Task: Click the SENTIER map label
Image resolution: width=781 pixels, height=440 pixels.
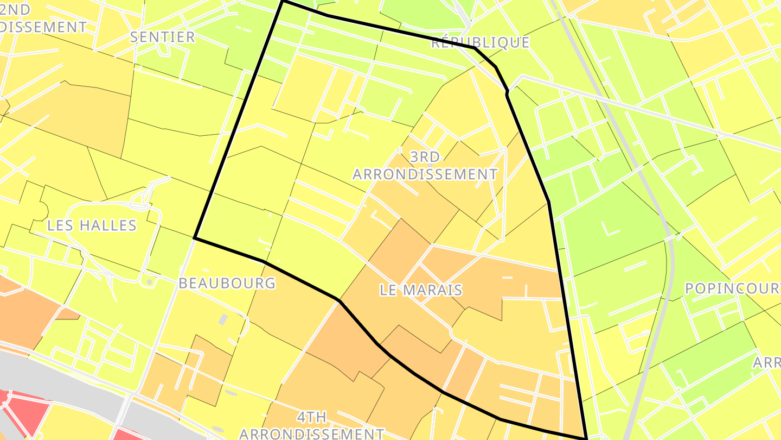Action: [162, 37]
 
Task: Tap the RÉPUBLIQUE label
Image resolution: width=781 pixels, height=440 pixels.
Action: [480, 42]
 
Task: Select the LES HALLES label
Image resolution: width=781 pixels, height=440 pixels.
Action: [92, 225]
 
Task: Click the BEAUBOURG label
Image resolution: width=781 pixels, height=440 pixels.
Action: [227, 283]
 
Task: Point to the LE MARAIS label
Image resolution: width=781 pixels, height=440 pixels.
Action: [421, 290]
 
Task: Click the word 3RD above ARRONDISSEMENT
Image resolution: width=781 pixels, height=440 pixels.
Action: [425, 157]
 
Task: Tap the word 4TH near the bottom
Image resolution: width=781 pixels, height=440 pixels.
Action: [311, 417]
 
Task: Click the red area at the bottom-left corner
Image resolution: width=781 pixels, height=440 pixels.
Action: [22, 413]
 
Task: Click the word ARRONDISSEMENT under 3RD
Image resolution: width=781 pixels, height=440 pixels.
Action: [425, 174]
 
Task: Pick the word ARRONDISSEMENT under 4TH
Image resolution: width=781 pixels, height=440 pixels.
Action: [311, 433]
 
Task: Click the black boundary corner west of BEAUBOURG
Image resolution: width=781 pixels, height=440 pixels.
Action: [195, 238]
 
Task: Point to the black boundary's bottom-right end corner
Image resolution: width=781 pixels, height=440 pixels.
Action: [586, 438]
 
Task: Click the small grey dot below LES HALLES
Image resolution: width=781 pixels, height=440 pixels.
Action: [149, 282]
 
